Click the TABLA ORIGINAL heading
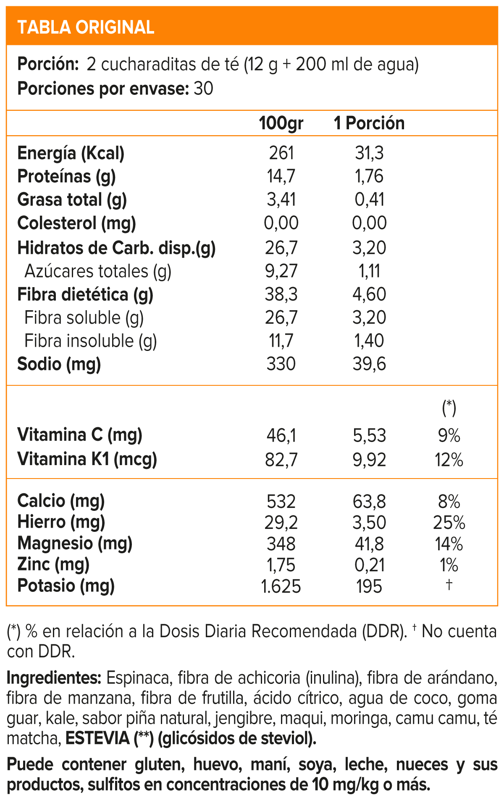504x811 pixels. coord(86,27)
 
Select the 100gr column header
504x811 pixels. coord(281,123)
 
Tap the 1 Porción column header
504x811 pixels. coord(369,123)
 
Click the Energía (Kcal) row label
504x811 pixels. coord(71,153)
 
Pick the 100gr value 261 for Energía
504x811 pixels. coord(281,153)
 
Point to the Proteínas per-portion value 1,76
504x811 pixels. coord(369,176)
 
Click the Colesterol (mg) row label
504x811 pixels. coord(76,223)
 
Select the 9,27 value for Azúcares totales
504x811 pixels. coord(281,271)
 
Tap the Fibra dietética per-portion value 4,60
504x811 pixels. coord(369,294)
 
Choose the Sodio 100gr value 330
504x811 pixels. coord(281,364)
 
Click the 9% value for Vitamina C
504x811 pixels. coord(449,436)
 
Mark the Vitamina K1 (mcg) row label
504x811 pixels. coord(87,459)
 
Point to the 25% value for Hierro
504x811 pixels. coord(449,523)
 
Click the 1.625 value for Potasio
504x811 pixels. coord(281,586)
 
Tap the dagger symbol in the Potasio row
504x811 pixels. coord(449,584)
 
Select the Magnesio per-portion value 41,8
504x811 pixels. coord(369,544)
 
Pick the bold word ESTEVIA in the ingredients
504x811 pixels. coord(97,738)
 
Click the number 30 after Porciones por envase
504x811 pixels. coord(203,89)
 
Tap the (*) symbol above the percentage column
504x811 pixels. coord(449,407)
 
